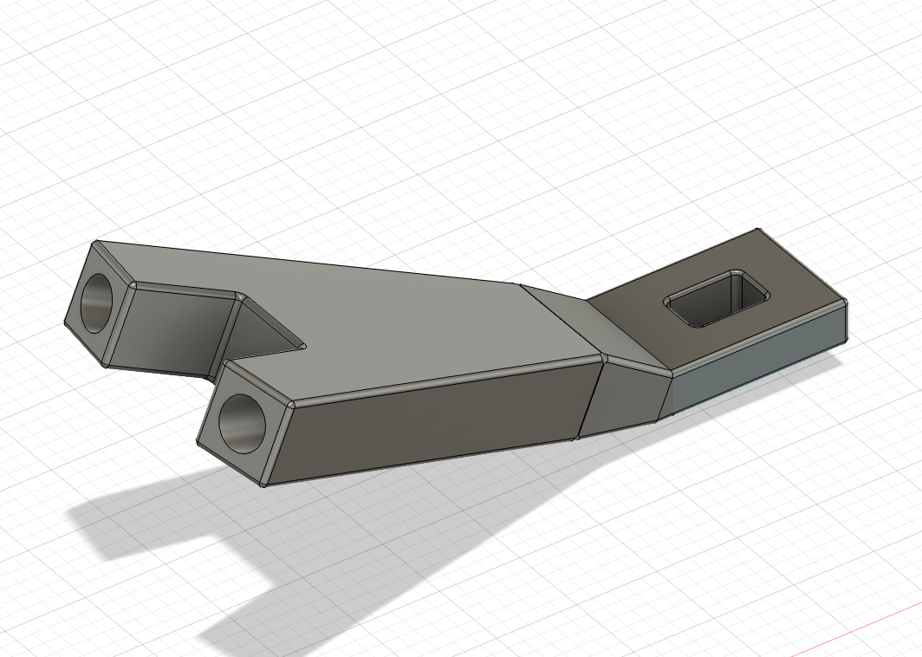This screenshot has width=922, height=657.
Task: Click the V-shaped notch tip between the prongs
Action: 304,346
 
